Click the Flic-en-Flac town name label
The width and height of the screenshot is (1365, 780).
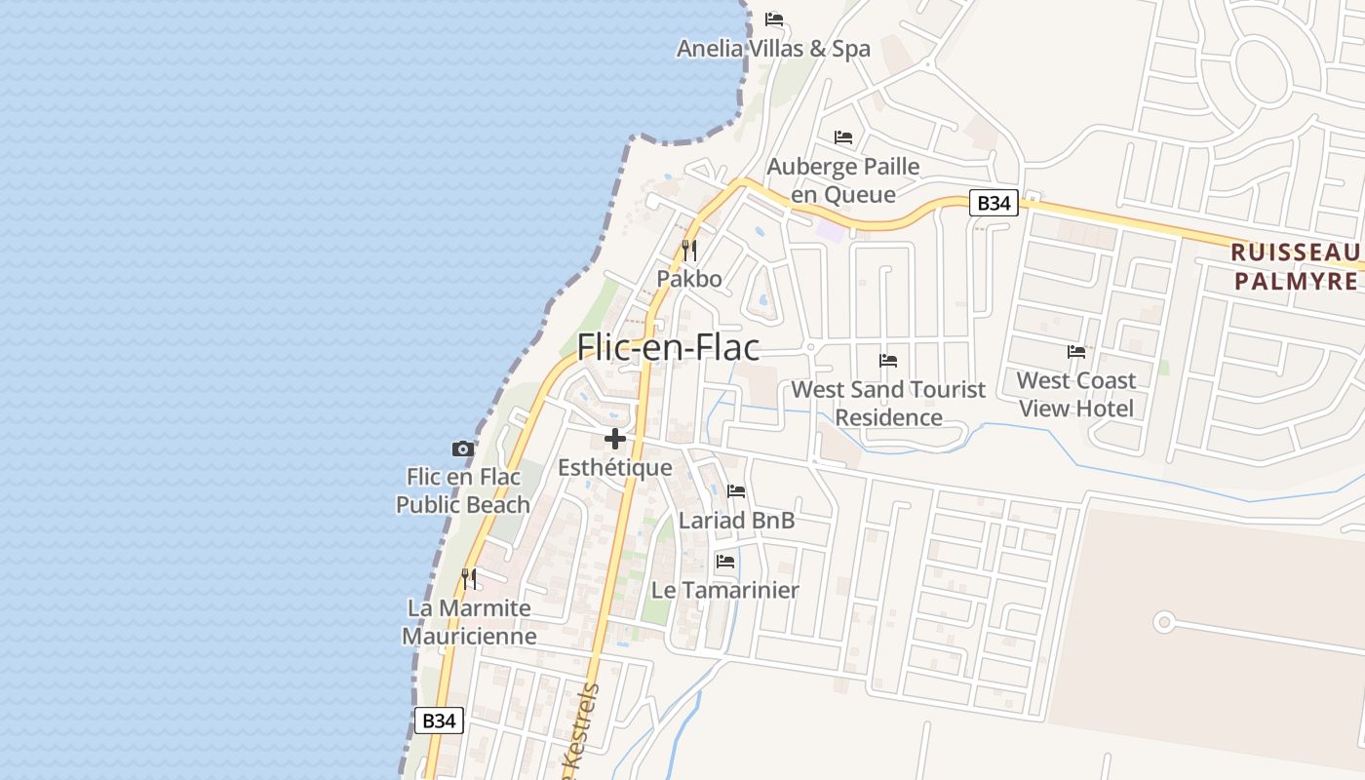pos(668,347)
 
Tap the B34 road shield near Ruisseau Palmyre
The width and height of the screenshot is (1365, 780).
pos(994,203)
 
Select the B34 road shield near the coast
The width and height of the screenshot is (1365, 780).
pos(439,721)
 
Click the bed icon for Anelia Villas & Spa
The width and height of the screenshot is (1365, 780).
pos(774,19)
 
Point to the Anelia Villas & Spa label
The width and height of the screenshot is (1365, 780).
pos(773,48)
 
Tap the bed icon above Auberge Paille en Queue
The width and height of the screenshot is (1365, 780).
pos(843,137)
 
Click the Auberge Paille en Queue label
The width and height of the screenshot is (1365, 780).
pos(843,180)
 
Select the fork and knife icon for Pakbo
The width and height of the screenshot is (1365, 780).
pos(689,251)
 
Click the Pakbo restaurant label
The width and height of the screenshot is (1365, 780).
pos(689,279)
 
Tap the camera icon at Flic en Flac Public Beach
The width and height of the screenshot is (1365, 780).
pos(463,449)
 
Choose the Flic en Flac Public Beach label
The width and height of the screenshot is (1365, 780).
pos(463,490)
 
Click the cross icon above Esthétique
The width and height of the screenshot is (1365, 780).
pos(615,439)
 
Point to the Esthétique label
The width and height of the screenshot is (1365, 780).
pos(615,468)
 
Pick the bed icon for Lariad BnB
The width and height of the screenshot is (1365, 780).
pos(736,491)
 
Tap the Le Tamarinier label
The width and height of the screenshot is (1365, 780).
pos(725,590)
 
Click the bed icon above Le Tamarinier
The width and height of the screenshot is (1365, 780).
pos(725,562)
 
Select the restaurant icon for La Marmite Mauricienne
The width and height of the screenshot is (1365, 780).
pos(469,579)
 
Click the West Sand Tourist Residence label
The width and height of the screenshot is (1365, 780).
pos(888,404)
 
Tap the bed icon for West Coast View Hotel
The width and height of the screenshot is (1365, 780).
pos(1076,352)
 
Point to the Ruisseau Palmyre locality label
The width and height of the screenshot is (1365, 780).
pos(1295,266)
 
